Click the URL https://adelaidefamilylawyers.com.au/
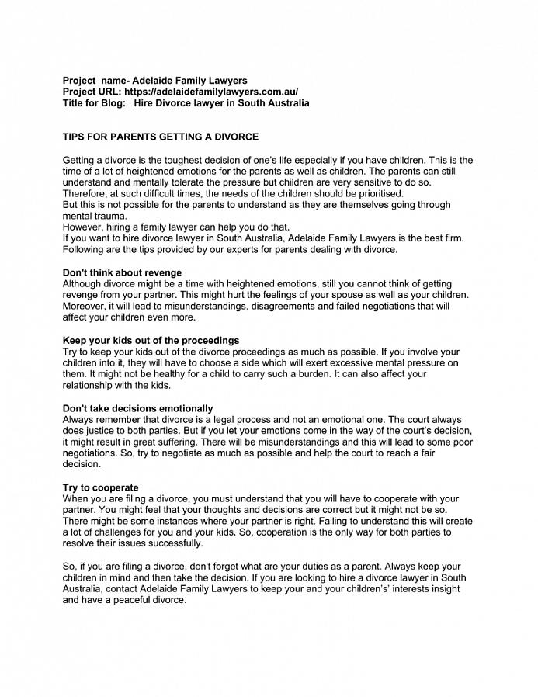pos(211,92)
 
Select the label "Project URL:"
pos(92,92)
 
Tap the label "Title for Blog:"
pos(95,103)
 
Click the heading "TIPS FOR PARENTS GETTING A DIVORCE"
pos(161,137)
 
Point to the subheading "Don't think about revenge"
pos(122,273)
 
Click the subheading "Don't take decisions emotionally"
pos(137,408)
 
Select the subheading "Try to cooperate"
pos(101,487)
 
